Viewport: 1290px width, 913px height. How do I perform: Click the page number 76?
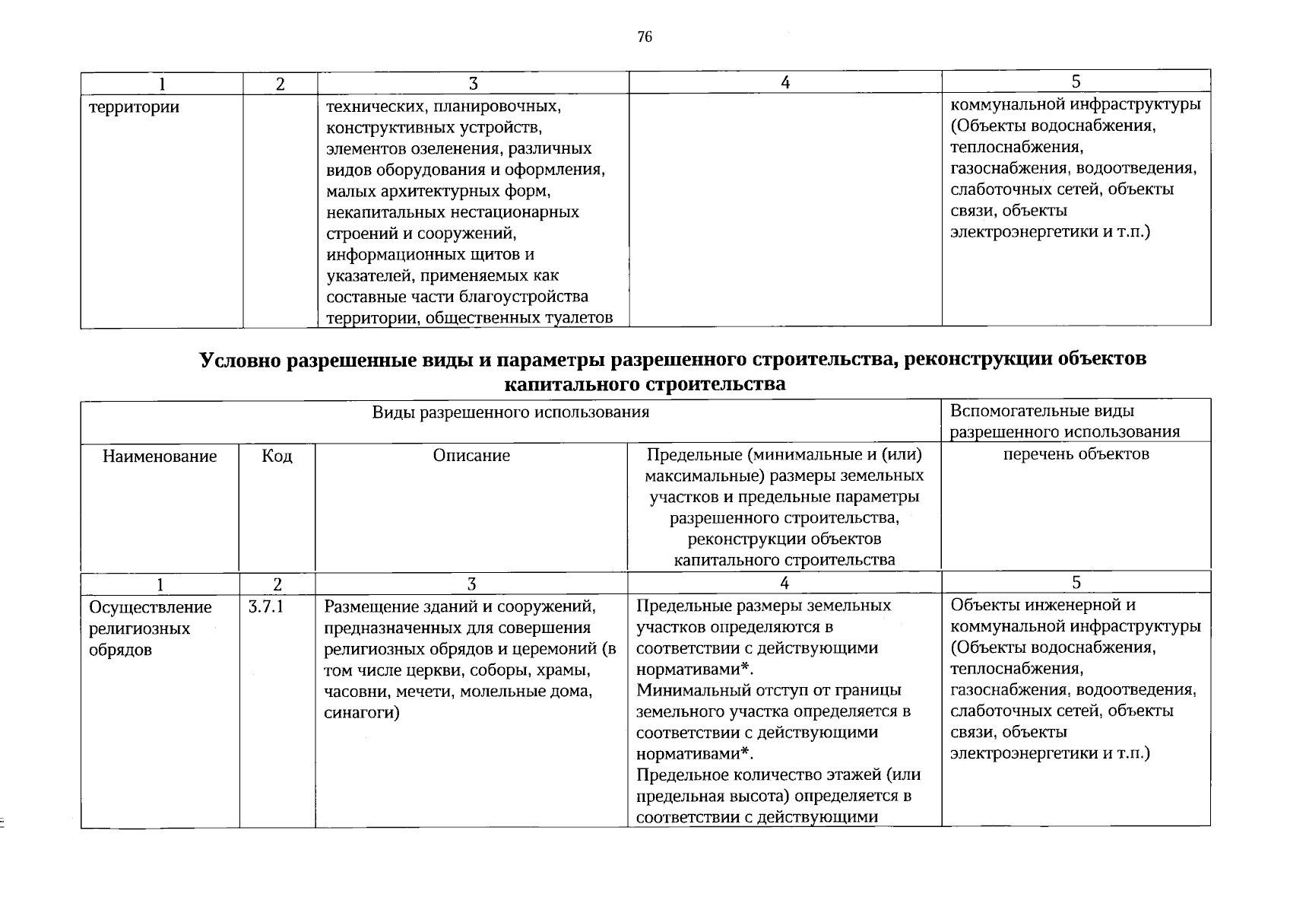coord(645,37)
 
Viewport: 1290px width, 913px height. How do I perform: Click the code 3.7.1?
coord(266,607)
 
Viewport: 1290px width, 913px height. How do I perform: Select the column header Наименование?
coord(160,456)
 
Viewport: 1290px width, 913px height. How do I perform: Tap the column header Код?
coord(277,456)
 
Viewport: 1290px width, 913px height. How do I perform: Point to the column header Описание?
coord(471,456)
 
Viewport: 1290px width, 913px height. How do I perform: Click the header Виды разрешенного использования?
coord(511,412)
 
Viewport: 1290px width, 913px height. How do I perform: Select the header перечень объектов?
coord(1076,454)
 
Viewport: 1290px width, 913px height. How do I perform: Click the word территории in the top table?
coord(135,107)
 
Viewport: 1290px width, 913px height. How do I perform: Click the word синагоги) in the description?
coord(362,713)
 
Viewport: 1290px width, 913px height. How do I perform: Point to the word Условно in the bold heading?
coord(241,359)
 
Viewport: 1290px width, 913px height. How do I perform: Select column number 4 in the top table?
coord(784,83)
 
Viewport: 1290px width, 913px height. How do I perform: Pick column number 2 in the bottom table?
coord(277,584)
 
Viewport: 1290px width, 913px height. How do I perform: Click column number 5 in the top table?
coord(1076,81)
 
